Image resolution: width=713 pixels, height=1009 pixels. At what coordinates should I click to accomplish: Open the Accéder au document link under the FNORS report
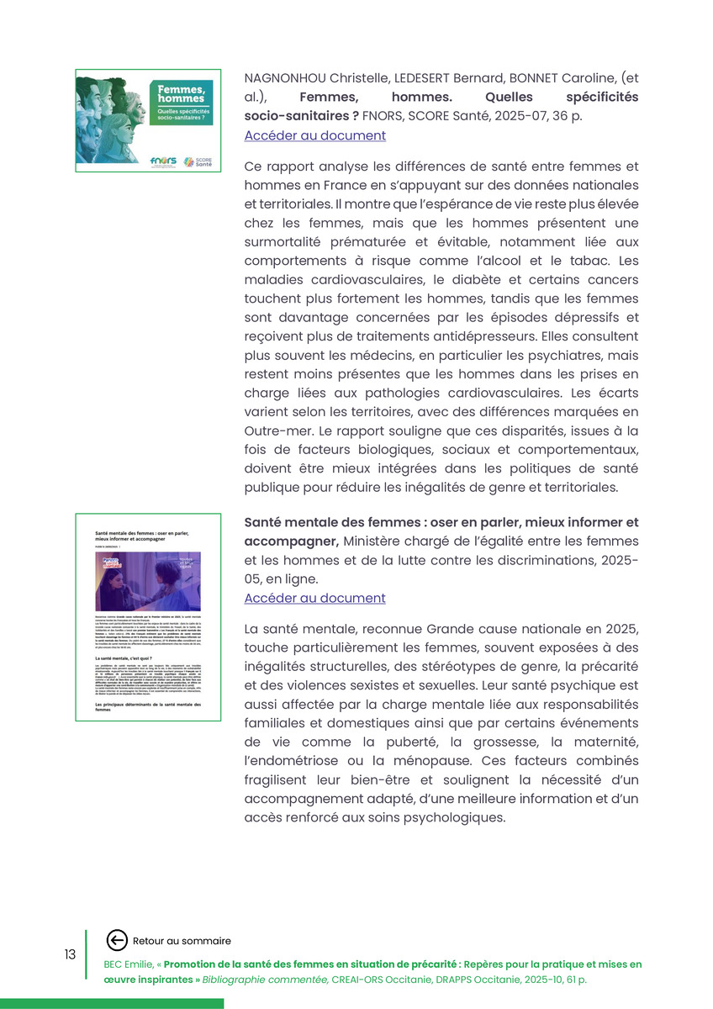(314, 135)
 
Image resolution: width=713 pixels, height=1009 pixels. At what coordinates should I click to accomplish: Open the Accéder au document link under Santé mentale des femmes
(314, 598)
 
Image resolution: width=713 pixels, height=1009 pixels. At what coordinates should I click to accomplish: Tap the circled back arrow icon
(118, 940)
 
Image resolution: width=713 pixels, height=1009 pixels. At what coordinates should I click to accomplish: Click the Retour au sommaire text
(182, 941)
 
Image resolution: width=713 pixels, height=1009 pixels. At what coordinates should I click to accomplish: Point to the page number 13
(70, 954)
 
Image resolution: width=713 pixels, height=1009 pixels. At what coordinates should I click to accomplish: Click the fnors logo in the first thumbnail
(161, 161)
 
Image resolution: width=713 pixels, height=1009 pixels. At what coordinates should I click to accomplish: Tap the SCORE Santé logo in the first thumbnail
(199, 161)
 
